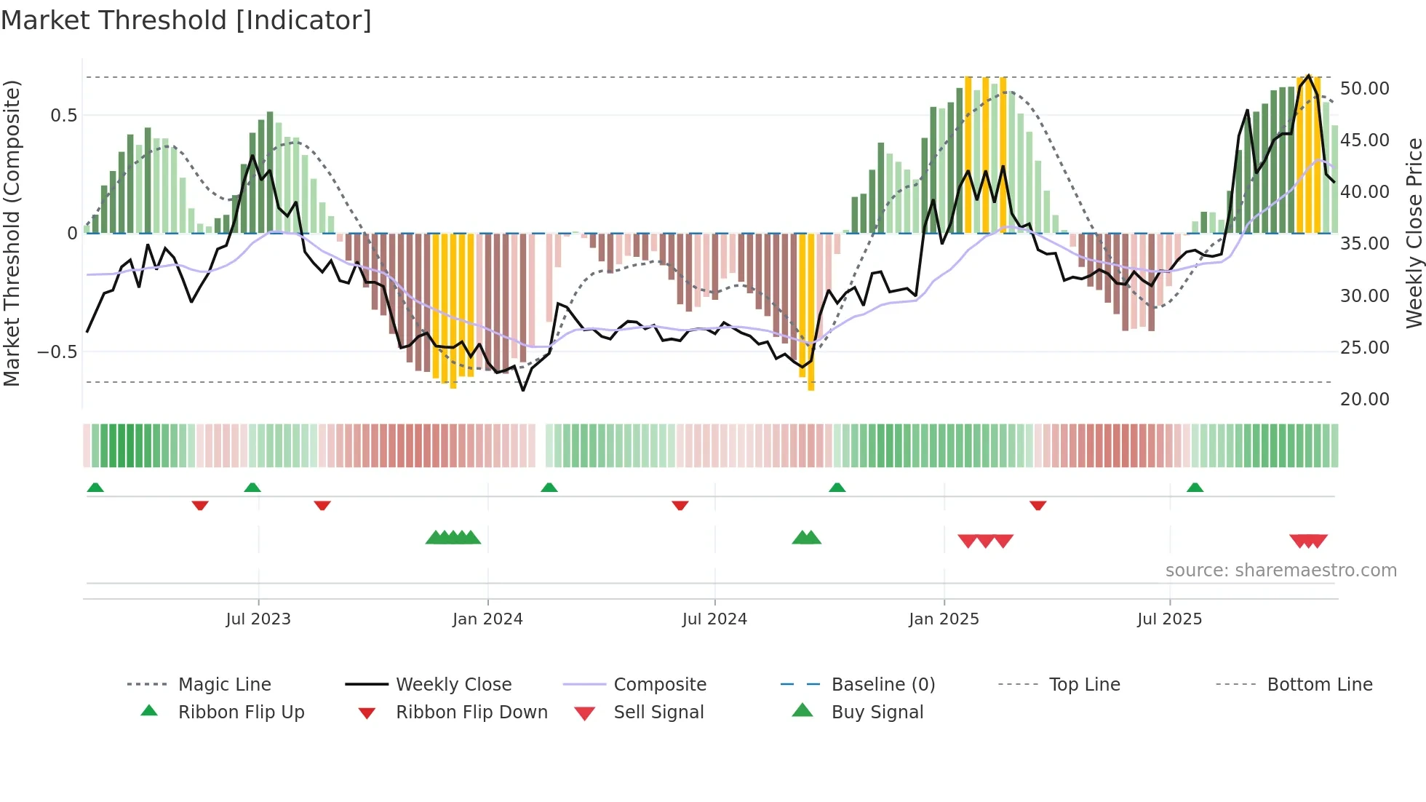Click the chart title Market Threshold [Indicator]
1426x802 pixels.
coord(186,20)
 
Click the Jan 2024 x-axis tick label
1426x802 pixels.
coord(487,619)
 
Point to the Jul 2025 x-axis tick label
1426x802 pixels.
coord(1169,619)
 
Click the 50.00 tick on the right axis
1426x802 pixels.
coord(1364,89)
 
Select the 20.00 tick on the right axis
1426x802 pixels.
coord(1364,400)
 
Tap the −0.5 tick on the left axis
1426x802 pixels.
coord(57,352)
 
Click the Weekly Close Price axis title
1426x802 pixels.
coord(1414,233)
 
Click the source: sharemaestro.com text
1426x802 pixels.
coord(1280,571)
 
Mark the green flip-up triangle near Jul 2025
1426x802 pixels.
coord(1195,488)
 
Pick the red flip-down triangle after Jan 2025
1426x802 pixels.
coord(1037,505)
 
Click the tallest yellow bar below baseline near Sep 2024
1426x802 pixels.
coord(810,313)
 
